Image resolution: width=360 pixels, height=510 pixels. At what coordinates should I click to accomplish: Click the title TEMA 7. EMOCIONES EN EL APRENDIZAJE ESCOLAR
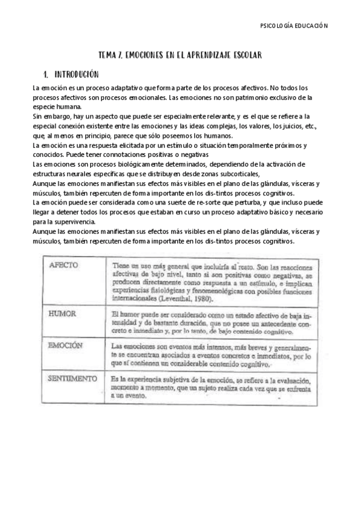[180, 55]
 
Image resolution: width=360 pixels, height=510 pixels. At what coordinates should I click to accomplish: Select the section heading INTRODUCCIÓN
[76, 75]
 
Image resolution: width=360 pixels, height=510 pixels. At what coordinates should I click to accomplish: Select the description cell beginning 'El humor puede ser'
[210, 322]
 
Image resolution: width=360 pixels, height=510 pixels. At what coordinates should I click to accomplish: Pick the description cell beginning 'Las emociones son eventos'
[210, 355]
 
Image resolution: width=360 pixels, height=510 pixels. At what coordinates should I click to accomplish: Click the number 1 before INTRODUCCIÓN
[45, 75]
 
